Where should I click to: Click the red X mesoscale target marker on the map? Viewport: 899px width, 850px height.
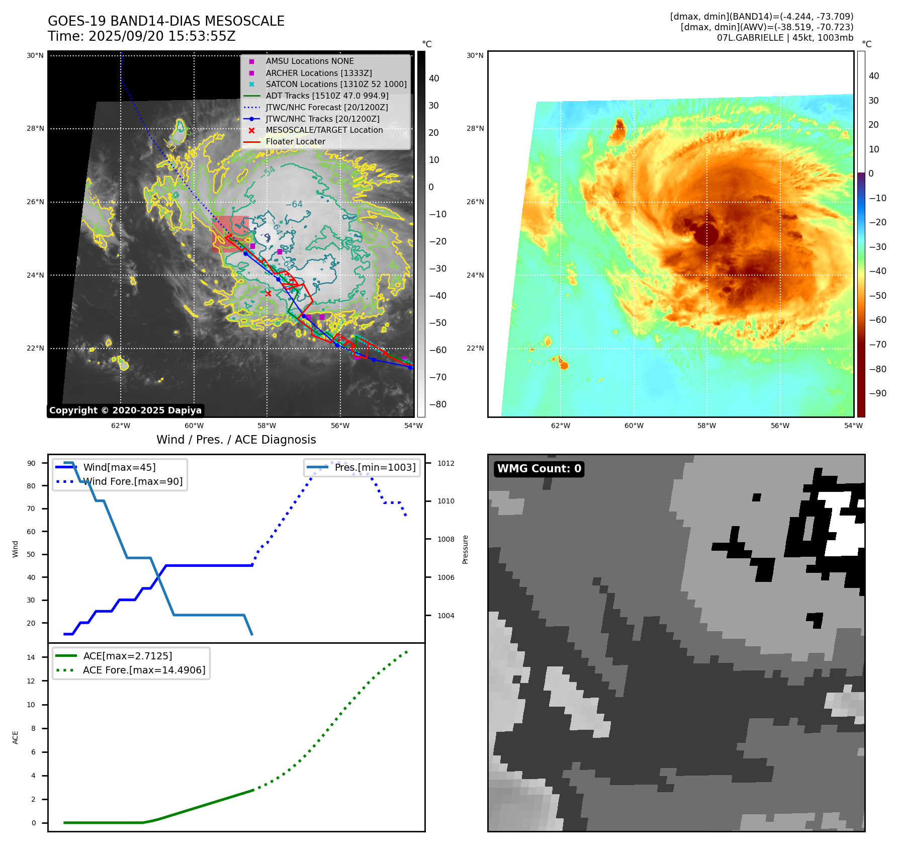pos(268,293)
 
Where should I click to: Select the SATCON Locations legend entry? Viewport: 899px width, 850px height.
pos(336,84)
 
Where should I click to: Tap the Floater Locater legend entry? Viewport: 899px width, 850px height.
pos(295,141)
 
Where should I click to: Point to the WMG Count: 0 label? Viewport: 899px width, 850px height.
pos(539,469)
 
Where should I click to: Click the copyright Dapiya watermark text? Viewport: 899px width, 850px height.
pos(125,410)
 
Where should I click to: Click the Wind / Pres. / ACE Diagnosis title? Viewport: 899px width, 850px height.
pos(236,440)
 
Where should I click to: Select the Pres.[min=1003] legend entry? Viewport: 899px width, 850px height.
pos(375,467)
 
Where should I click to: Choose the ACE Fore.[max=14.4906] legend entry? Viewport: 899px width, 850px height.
pos(144,670)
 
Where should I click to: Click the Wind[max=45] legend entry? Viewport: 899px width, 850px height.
pos(119,467)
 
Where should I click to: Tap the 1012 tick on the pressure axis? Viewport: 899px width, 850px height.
pos(445,463)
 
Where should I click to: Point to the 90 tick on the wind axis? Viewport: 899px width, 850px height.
pos(32,463)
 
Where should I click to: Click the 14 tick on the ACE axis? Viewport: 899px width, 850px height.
pos(31,657)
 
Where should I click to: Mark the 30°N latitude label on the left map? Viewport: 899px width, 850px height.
pos(35,55)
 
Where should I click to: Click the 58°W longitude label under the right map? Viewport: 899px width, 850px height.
pos(706,426)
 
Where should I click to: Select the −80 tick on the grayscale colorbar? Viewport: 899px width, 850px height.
pos(437,404)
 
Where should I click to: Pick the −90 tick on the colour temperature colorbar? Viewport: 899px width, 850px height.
pos(877,393)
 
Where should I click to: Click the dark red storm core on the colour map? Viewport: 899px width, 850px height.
pos(706,234)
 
